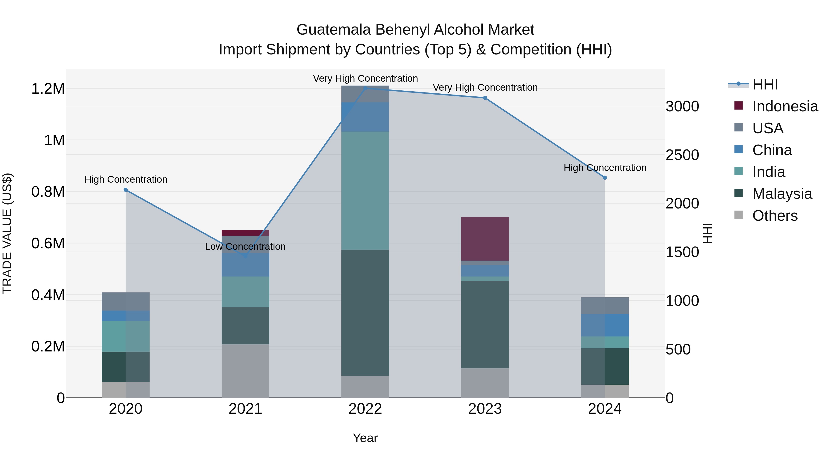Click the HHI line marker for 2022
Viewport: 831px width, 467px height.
(x=365, y=88)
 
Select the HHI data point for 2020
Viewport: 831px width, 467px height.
(x=126, y=190)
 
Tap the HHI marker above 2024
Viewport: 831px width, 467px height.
(x=605, y=178)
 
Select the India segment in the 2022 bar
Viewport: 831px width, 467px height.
(x=365, y=190)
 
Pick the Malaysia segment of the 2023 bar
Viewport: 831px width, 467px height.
(x=485, y=324)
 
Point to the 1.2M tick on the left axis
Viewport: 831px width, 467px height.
(x=48, y=89)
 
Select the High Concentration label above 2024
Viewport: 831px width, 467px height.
(x=605, y=168)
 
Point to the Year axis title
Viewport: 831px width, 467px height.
(x=365, y=438)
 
